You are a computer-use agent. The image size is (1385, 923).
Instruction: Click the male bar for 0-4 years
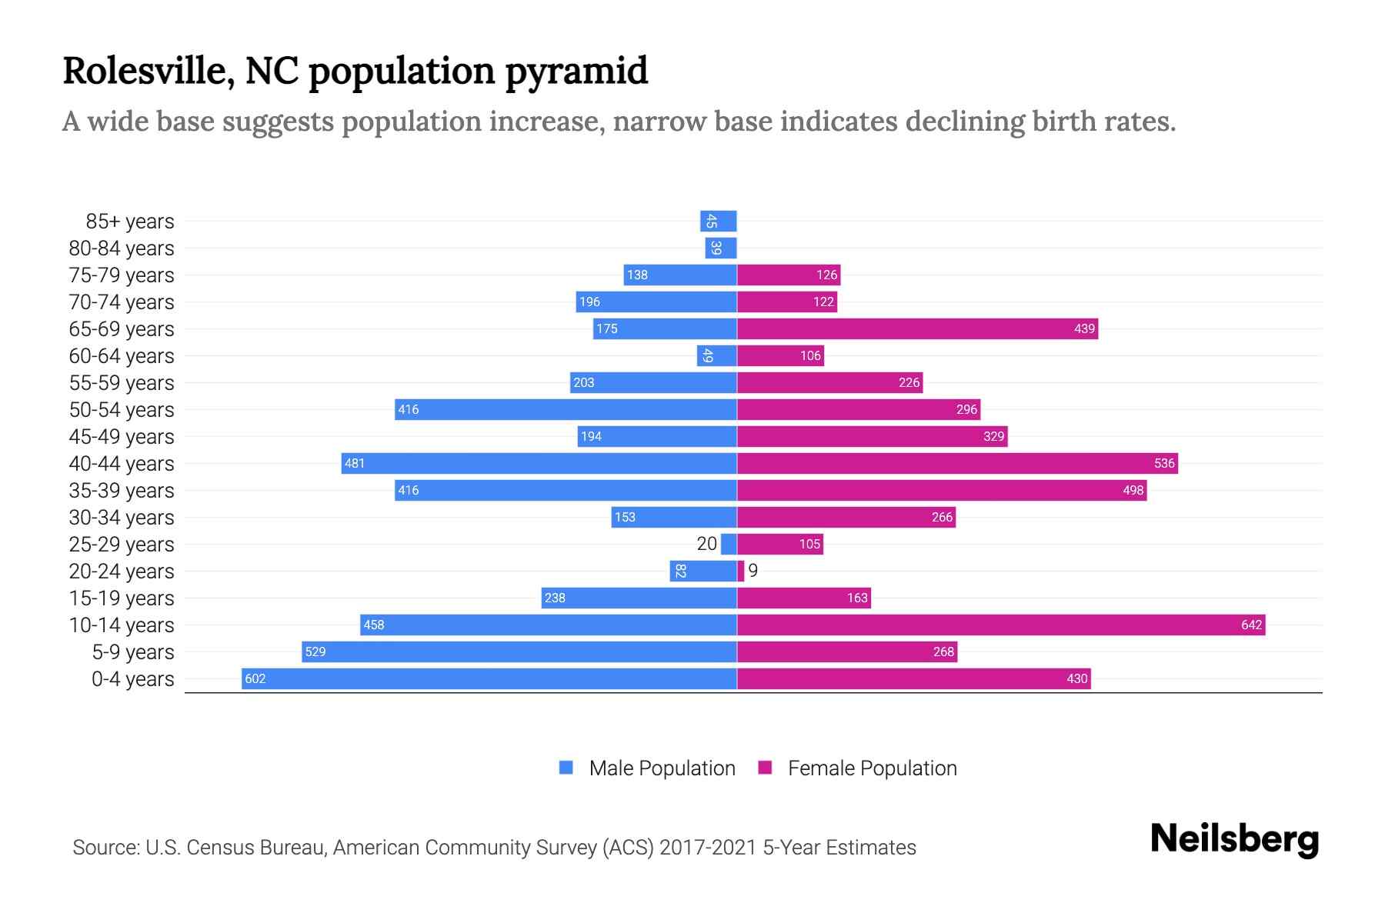coord(489,678)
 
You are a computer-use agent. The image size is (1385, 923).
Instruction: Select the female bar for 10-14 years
coord(1000,625)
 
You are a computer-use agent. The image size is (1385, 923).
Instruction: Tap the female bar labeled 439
coord(917,328)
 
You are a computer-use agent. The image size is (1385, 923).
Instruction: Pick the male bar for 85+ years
coord(719,221)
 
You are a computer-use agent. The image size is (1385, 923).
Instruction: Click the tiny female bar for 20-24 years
coord(741,571)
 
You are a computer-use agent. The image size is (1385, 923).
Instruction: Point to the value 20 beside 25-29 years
coord(706,544)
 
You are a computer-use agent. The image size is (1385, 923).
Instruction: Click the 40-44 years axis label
coord(122,464)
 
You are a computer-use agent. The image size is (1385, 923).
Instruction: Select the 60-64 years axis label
coord(122,356)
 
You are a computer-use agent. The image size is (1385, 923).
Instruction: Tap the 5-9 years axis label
coord(133,652)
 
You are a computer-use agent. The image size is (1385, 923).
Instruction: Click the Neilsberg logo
coord(1234,838)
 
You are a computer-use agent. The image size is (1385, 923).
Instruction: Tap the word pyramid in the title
coord(576,72)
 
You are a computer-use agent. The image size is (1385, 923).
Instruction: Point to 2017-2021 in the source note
coord(707,847)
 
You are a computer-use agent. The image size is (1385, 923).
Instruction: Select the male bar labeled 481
coord(539,463)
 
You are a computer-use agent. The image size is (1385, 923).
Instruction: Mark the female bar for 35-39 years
coord(942,490)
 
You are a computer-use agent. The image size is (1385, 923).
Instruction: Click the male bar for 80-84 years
coord(721,248)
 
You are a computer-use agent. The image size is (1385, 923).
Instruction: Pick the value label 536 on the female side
coord(1164,463)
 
